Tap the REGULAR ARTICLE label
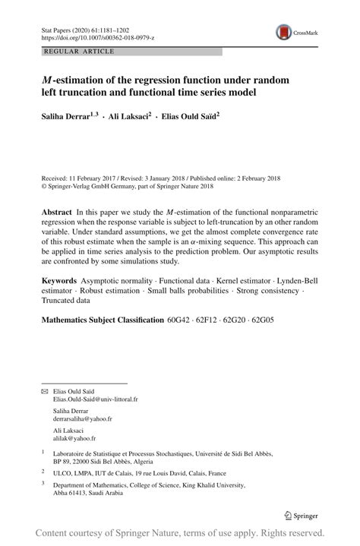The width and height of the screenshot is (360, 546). tap(80, 51)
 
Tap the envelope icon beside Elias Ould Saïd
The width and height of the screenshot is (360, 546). tap(44, 390)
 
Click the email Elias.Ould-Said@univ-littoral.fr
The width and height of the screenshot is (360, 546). tap(96, 398)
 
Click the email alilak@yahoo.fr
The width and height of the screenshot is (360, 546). tap(74, 438)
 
